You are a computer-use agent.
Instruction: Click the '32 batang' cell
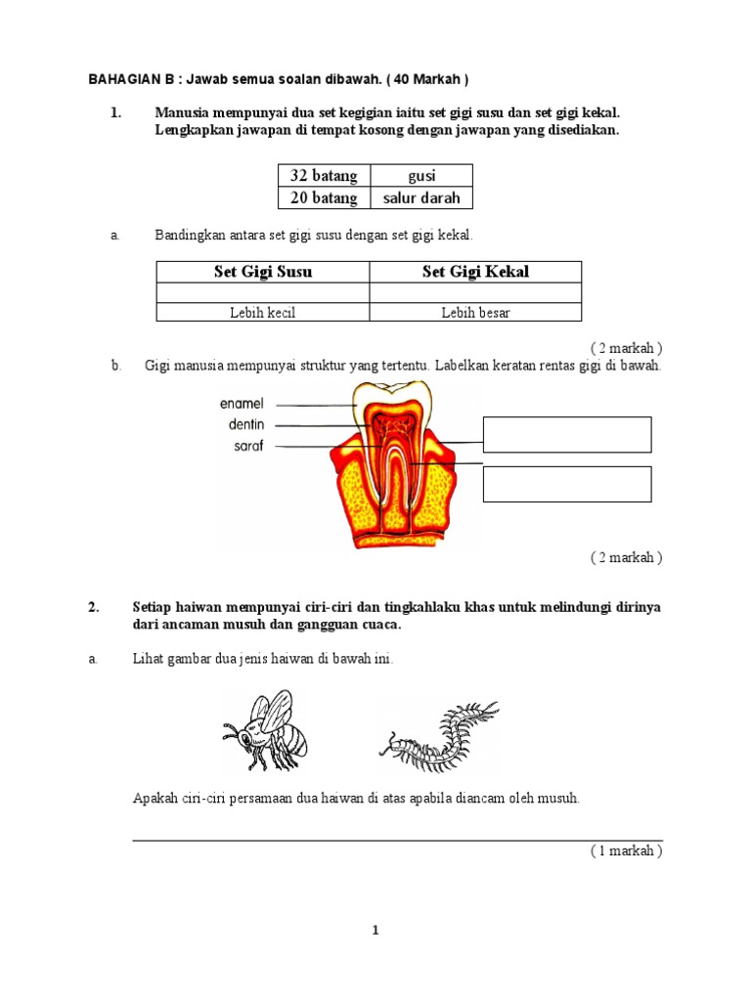[324, 176]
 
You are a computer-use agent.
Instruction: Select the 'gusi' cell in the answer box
[421, 176]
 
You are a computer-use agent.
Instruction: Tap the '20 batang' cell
[324, 197]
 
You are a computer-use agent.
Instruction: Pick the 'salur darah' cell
[421, 197]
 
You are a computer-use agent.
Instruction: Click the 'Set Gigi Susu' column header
[263, 272]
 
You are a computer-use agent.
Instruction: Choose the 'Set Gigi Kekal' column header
[475, 272]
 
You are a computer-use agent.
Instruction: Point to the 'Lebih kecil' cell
[263, 313]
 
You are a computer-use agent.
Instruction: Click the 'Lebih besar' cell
[475, 313]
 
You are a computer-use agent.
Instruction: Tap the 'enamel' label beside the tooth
[242, 403]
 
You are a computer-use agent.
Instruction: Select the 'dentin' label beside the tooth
[246, 424]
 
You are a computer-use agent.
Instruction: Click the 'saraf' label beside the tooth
[248, 446]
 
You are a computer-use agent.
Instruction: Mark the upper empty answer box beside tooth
[567, 434]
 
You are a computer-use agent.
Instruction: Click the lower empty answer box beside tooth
[567, 484]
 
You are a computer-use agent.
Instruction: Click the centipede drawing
[439, 733]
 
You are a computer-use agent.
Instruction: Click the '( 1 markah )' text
[626, 850]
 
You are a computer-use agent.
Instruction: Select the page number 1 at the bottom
[375, 930]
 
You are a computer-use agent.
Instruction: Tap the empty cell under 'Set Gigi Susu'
[263, 292]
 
